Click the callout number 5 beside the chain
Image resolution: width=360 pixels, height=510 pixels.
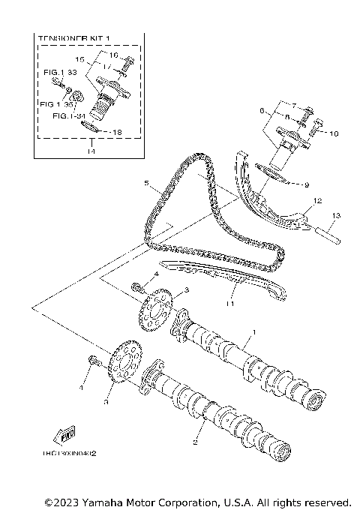[148, 183]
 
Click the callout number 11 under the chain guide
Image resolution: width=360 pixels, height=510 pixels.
[231, 304]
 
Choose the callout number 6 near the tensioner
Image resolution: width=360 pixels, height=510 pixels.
[262, 110]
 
